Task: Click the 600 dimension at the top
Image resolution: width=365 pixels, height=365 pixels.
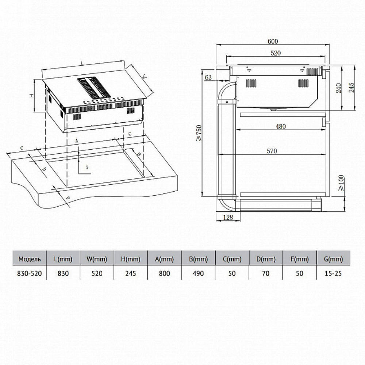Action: [x=273, y=42]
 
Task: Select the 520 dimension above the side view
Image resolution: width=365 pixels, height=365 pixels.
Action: [x=276, y=53]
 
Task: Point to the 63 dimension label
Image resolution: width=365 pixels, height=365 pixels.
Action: [x=208, y=77]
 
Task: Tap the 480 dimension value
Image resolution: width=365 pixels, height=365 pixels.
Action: [x=280, y=126]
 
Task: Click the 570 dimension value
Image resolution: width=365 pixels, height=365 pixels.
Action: [x=272, y=151]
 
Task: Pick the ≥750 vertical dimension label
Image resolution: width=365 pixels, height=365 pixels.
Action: [x=199, y=133]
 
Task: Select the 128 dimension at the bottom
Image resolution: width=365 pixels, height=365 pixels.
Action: [x=228, y=218]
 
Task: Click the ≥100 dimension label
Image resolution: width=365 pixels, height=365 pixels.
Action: [x=341, y=184]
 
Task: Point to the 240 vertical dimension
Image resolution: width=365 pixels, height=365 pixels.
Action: [x=339, y=88]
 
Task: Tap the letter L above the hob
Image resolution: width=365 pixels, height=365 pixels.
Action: [x=81, y=62]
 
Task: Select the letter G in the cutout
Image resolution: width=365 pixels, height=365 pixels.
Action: [x=87, y=168]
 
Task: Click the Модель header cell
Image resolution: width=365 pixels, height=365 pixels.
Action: [x=30, y=259]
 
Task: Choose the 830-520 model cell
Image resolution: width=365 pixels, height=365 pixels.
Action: [x=30, y=273]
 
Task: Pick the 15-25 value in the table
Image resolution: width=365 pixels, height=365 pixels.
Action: [x=333, y=273]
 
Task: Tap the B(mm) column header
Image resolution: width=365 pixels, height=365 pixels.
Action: [x=198, y=259]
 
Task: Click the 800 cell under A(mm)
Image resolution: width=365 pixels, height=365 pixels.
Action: [x=164, y=273]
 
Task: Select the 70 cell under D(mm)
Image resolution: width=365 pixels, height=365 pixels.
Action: [x=266, y=273]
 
